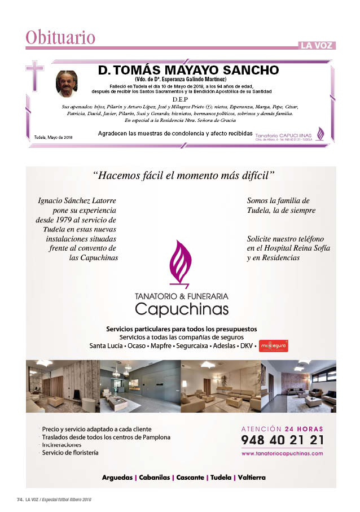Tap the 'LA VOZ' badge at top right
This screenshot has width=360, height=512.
[x=317, y=45]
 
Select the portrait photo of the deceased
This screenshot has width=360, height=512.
[x=66, y=84]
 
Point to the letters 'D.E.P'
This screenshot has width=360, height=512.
[x=179, y=98]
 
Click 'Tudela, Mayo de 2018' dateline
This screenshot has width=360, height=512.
[x=50, y=138]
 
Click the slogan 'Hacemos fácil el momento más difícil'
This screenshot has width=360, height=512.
[x=183, y=176]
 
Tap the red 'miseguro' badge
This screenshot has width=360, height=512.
[x=273, y=345]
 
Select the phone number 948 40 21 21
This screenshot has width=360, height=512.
[x=282, y=440]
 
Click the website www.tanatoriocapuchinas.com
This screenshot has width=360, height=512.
[x=282, y=453]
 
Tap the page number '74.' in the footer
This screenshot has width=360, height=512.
[x=19, y=500]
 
